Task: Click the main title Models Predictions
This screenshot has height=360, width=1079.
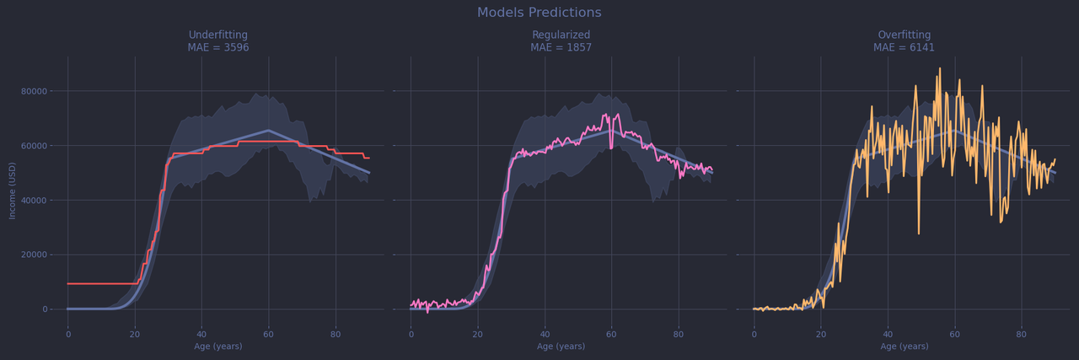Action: tap(539, 13)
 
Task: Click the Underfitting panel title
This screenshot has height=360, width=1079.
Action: tap(218, 35)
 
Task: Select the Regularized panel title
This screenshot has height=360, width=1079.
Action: tap(561, 35)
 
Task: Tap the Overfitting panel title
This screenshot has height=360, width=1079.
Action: tap(904, 35)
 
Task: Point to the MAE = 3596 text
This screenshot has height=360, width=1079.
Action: tap(218, 48)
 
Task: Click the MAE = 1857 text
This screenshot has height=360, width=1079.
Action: tap(561, 48)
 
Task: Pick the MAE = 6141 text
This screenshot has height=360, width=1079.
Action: tap(904, 48)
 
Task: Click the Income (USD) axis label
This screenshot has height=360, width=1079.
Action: tap(13, 191)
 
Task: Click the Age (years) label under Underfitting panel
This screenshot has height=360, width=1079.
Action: tap(218, 347)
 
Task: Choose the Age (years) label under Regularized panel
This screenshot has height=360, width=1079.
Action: tap(561, 347)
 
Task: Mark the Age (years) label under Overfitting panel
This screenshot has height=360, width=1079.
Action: tap(904, 347)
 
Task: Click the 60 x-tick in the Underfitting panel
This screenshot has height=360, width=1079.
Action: tap(269, 334)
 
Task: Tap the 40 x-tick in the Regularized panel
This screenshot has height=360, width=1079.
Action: tap(545, 334)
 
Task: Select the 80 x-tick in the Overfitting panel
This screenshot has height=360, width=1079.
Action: tap(1021, 334)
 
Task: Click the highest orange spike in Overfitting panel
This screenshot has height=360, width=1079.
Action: tap(940, 69)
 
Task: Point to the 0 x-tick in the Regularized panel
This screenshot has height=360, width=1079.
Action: tap(411, 334)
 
